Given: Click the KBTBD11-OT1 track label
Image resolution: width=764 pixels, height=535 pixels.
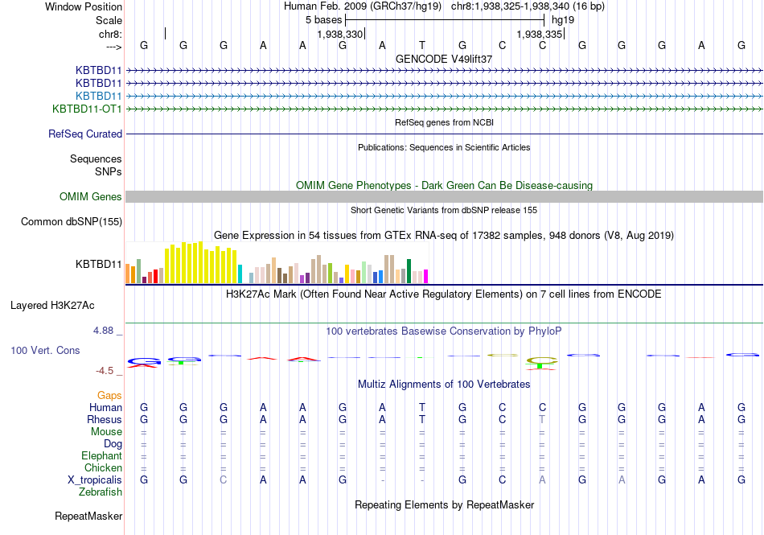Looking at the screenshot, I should [x=87, y=109].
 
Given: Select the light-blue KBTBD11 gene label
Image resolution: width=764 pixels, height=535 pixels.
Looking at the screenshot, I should [x=98, y=96].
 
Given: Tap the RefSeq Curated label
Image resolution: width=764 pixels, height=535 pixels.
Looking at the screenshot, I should [x=85, y=134].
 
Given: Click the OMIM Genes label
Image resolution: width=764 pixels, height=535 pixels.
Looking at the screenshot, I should [x=91, y=197].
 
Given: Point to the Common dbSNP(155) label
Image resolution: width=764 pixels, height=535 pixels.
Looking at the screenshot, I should [x=72, y=222].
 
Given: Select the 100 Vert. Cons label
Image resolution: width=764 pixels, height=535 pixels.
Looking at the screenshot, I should [x=45, y=351].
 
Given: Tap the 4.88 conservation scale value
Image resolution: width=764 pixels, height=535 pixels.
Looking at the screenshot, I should [x=106, y=331].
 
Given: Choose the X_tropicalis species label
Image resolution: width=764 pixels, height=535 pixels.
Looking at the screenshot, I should [x=95, y=480].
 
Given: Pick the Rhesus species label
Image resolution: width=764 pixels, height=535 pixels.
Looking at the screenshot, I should [x=105, y=420].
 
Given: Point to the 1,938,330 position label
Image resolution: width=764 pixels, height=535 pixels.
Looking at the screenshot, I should [x=340, y=35].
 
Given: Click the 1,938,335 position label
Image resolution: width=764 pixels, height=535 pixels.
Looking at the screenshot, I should [x=540, y=35].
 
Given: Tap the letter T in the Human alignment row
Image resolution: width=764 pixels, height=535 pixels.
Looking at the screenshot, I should [x=422, y=408].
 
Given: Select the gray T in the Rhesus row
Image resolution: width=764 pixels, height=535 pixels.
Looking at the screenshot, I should [x=542, y=420].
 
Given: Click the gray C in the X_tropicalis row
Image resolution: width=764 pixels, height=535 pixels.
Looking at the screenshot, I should [x=224, y=480].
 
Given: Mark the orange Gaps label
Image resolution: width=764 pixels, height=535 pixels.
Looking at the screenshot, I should [x=109, y=396].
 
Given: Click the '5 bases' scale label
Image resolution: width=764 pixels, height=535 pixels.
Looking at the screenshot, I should [x=323, y=19].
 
